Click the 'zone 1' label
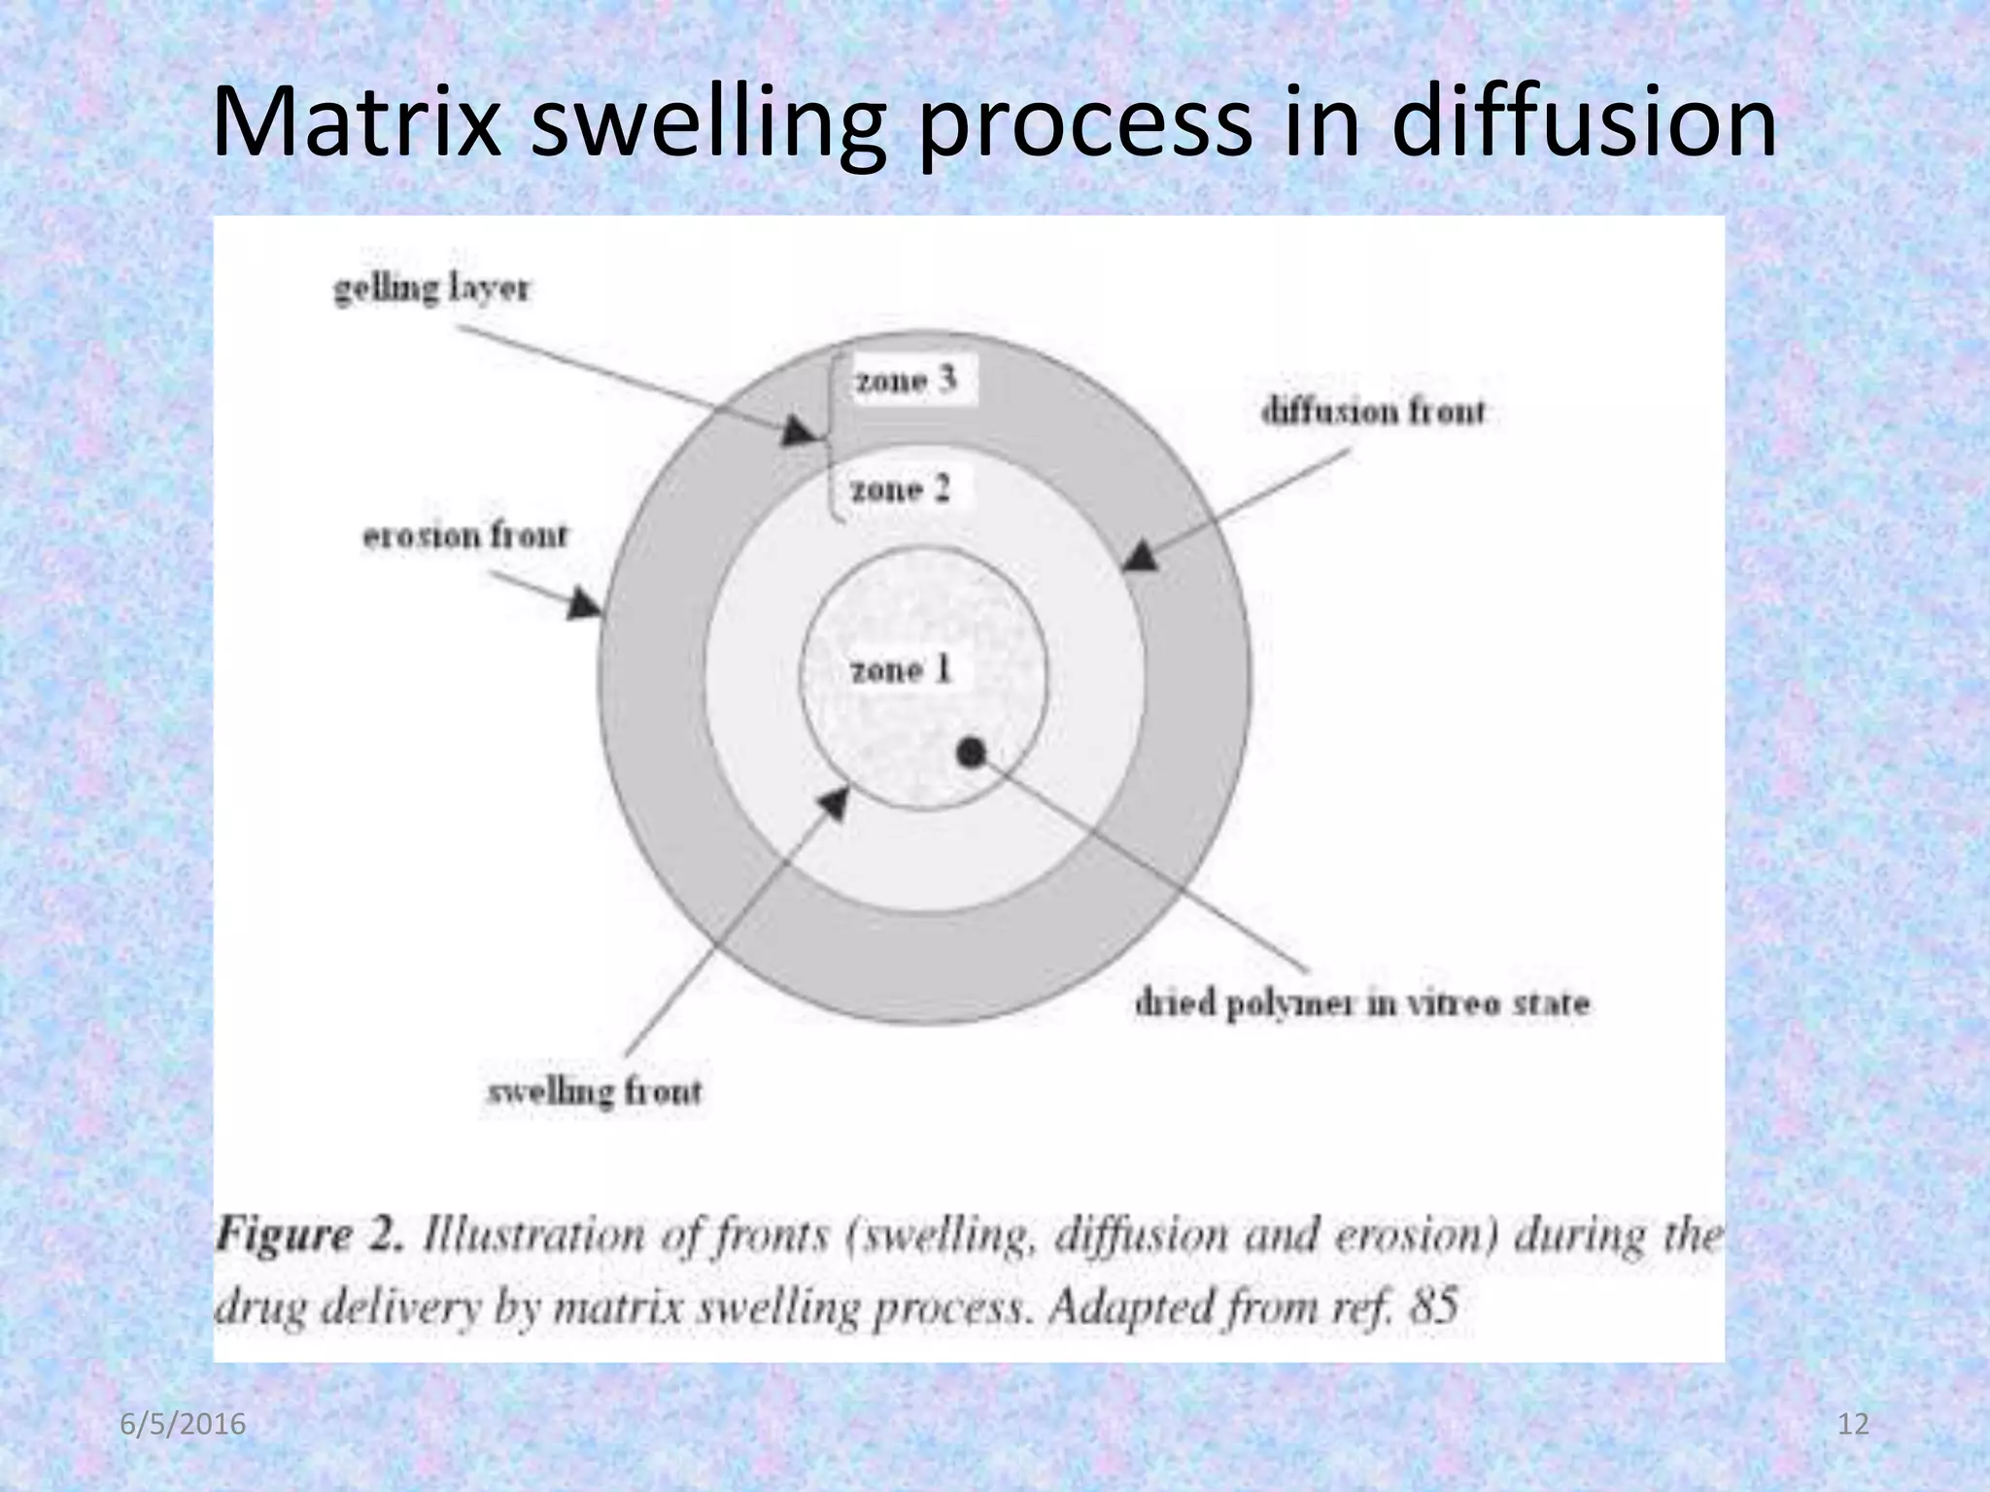pyautogui.click(x=901, y=670)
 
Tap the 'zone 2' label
pyautogui.click(x=900, y=489)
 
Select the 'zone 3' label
pyautogui.click(x=906, y=380)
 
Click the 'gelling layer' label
pyautogui.click(x=431, y=288)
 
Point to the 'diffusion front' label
pyautogui.click(x=1373, y=412)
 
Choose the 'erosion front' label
pyautogui.click(x=464, y=536)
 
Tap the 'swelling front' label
pyautogui.click(x=594, y=1092)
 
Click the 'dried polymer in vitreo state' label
pyautogui.click(x=1361, y=1003)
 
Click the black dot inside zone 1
pyautogui.click(x=972, y=752)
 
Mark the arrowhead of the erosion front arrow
pyautogui.click(x=585, y=605)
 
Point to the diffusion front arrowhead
pyautogui.click(x=1141, y=557)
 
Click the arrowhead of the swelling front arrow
pyautogui.click(x=834, y=801)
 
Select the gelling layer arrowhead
pyautogui.click(x=799, y=431)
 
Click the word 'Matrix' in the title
pyautogui.click(x=356, y=123)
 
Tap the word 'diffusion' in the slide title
pyautogui.click(x=1583, y=123)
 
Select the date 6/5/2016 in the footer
pyautogui.click(x=183, y=1425)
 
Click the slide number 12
pyautogui.click(x=1854, y=1425)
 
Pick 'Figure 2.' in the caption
pyautogui.click(x=309, y=1237)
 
